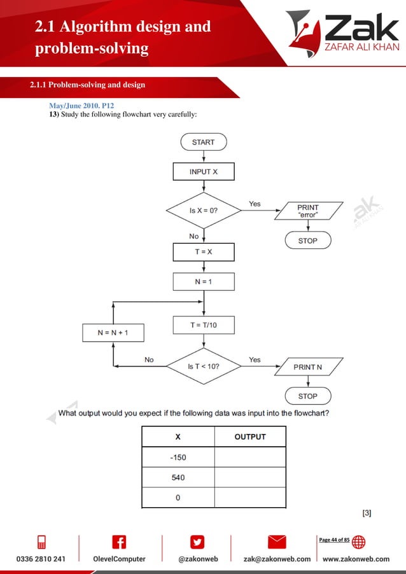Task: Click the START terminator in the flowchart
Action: (x=204, y=142)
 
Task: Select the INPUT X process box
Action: (x=204, y=172)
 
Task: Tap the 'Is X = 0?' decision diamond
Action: (x=204, y=210)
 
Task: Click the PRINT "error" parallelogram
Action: (x=308, y=211)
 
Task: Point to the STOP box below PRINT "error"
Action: (x=307, y=241)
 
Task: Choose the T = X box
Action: (x=204, y=252)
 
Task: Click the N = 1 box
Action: (x=204, y=281)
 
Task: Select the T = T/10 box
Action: (x=204, y=325)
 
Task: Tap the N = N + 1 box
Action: (x=113, y=332)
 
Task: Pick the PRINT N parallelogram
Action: (x=308, y=367)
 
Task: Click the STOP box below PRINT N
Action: (x=307, y=396)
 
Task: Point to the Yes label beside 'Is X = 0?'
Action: (x=255, y=204)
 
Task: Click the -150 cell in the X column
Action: (x=178, y=457)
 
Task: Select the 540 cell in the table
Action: (x=178, y=477)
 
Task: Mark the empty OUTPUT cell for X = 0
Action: (x=250, y=497)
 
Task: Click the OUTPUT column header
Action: (x=250, y=437)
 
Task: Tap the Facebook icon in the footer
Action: (x=119, y=542)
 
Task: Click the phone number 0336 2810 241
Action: (x=41, y=559)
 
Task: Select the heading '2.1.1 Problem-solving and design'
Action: (x=88, y=85)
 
